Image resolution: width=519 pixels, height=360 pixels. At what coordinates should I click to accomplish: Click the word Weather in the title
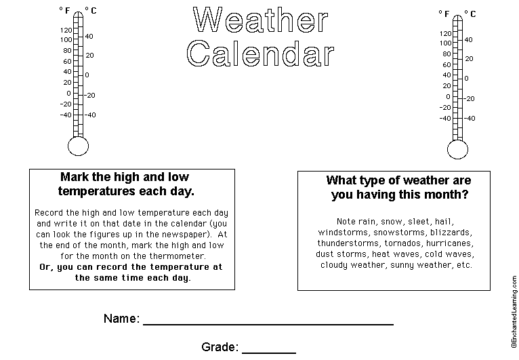pos(261,22)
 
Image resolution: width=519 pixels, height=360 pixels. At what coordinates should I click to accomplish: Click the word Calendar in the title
pos(261,54)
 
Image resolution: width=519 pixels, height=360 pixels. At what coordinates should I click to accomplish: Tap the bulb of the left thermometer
pos(79,145)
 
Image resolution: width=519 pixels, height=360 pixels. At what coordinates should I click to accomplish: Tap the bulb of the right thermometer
pos(459,148)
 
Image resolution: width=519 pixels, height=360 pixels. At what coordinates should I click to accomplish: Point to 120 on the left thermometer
pos(65,31)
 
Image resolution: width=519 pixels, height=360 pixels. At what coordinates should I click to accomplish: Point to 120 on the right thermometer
pos(444,33)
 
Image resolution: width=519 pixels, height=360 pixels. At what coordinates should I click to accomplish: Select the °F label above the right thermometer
pos(444,13)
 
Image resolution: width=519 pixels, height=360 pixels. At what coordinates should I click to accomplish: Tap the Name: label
pos(122,319)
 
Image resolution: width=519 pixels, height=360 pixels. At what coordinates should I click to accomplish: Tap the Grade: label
pos(220,347)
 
